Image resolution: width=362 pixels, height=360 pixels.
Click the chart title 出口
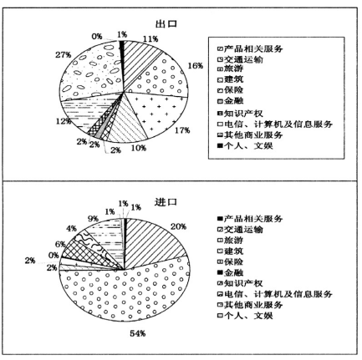point(166,24)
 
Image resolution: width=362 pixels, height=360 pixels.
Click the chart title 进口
point(166,202)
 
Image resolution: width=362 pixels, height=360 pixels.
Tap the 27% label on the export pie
point(64,55)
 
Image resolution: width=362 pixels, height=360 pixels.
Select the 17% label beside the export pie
point(182,130)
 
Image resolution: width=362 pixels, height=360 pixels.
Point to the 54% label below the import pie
point(138,333)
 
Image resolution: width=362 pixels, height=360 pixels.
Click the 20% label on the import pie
point(178,226)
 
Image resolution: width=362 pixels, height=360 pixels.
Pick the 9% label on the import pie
point(93,219)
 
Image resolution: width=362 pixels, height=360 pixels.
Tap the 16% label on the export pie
point(196,66)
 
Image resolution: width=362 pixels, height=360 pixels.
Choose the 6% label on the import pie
point(60,245)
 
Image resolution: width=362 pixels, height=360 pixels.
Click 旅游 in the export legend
point(233,68)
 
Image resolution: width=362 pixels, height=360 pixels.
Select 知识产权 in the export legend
point(243,114)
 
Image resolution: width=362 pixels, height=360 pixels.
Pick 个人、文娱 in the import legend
point(248,316)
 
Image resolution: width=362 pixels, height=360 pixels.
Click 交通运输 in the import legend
point(243,230)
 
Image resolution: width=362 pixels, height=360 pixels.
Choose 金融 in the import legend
point(233,272)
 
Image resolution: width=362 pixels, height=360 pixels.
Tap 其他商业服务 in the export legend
point(253,135)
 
